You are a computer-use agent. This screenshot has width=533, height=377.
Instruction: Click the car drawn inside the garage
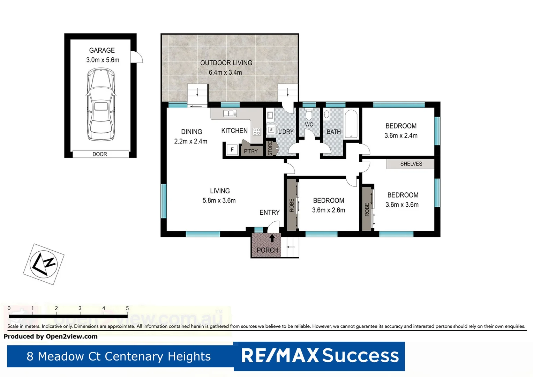point(101,104)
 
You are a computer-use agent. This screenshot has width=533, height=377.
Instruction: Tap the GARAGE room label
point(102,50)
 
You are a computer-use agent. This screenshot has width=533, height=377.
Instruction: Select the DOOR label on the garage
point(100,154)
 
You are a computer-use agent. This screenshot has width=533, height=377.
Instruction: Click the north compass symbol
point(44,264)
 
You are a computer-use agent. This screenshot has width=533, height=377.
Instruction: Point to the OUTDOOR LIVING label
point(226,63)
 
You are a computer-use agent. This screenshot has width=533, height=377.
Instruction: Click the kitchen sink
point(230,113)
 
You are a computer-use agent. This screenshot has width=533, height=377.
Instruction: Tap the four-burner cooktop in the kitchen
point(257,132)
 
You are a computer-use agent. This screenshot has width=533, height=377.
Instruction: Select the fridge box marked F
point(232,150)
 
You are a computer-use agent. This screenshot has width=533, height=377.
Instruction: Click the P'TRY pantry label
point(251,151)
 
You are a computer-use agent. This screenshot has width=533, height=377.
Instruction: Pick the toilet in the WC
point(309,115)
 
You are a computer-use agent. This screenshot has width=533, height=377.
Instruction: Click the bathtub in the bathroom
point(351,124)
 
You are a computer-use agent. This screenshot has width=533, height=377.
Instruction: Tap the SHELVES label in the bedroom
point(411,164)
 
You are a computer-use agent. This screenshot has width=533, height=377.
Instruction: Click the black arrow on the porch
point(272,238)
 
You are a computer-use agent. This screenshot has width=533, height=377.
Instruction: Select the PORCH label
point(268,250)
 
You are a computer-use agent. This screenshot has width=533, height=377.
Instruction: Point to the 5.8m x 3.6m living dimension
point(219,200)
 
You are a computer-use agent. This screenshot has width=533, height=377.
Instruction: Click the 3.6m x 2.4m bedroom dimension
point(401,135)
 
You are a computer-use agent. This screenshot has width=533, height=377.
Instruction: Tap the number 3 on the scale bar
point(80,308)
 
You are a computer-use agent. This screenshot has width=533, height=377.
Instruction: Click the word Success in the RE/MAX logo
point(360,356)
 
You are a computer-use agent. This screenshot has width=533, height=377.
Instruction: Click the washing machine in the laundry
point(272,130)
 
